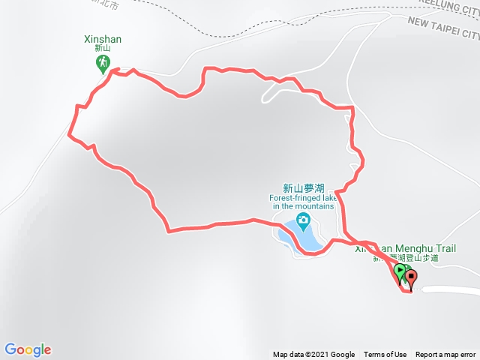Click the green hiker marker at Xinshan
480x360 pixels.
[x=103, y=64]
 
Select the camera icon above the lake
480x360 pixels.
[x=303, y=220]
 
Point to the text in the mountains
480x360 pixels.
[x=303, y=206]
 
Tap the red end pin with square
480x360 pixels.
[x=411, y=278]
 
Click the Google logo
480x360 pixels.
[x=28, y=349]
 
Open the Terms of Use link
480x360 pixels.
[x=385, y=355]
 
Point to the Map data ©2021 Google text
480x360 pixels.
[x=313, y=355]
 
